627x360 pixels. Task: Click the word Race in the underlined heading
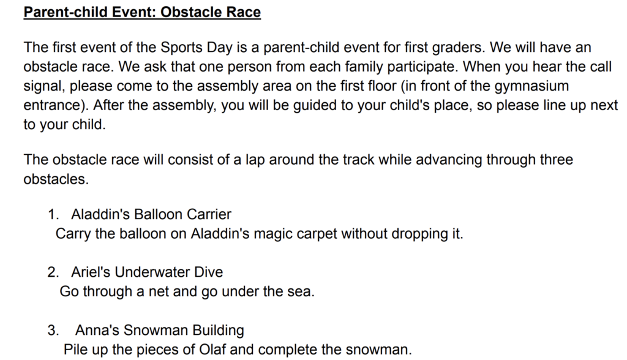[x=244, y=12]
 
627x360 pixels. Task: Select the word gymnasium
[x=531, y=86]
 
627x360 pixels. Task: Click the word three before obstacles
[x=557, y=160]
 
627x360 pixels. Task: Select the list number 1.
[x=53, y=214]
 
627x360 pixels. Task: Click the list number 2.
[x=53, y=272]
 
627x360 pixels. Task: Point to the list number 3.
[x=53, y=331]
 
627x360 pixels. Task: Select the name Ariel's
[x=91, y=272]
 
